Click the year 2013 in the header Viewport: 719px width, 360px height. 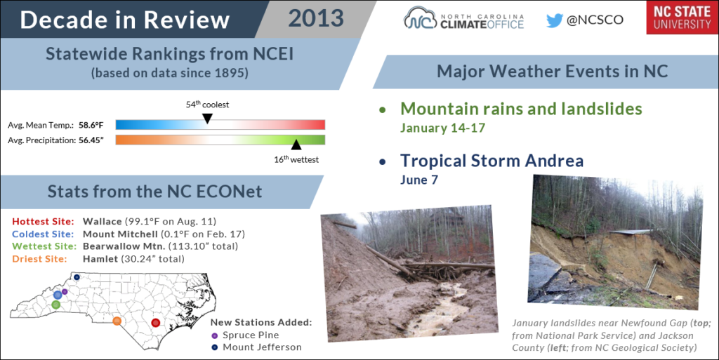[316, 19]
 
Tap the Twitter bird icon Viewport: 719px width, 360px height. [555, 20]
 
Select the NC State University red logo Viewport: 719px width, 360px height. [682, 18]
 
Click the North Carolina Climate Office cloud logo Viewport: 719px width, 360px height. [419, 19]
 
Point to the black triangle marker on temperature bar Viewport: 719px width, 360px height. [207, 119]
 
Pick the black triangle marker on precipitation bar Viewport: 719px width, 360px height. [296, 145]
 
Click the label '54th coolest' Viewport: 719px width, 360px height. [207, 105]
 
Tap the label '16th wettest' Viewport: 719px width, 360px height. [296, 159]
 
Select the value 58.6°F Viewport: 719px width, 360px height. [91, 125]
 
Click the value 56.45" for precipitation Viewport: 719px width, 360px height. [91, 140]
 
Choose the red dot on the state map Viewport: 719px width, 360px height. [155, 323]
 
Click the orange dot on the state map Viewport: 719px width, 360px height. [117, 321]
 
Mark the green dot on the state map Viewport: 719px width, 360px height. [56, 305]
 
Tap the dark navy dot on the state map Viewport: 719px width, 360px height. [77, 277]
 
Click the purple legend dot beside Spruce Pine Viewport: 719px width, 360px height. [215, 335]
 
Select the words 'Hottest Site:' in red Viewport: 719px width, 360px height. [43, 222]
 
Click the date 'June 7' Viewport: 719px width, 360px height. [419, 180]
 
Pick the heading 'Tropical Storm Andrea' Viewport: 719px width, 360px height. [492, 161]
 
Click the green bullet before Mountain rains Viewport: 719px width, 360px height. [383, 110]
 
